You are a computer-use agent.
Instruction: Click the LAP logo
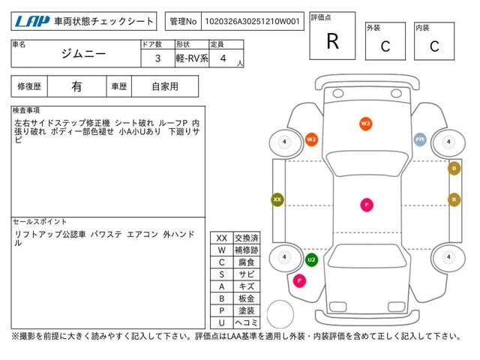pos(31,21)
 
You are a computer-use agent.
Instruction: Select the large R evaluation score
pos(332,41)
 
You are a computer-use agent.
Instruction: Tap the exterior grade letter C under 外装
pos(385,46)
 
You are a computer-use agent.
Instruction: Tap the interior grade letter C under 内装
pos(434,46)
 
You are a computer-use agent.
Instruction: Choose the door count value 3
pos(157,57)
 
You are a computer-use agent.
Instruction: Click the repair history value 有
pos(76,86)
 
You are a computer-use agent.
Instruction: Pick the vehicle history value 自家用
pos(165,86)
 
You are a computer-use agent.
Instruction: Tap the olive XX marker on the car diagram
pos(277,199)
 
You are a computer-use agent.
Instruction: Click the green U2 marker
pos(311,259)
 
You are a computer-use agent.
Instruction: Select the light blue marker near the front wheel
pos(421,139)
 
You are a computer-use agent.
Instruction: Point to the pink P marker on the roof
pos(367,204)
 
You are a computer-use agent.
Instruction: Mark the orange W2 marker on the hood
pos(366,123)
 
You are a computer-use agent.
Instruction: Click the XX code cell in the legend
pos(221,238)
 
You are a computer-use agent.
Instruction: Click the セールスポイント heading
pos(40,222)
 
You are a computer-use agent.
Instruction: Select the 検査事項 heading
pos(27,109)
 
